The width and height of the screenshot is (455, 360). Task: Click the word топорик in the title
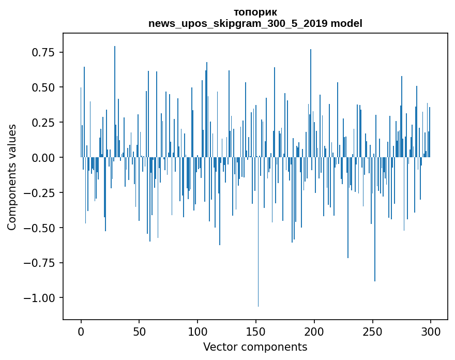point(255,12)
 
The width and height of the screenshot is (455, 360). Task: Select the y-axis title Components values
point(11,177)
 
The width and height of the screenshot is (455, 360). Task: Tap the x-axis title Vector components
point(255,347)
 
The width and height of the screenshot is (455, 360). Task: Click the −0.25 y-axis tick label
point(41,192)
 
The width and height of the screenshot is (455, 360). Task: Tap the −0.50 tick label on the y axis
point(41,228)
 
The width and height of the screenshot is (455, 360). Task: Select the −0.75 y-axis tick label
point(41,263)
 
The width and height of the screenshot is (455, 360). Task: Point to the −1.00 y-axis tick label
point(41,298)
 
